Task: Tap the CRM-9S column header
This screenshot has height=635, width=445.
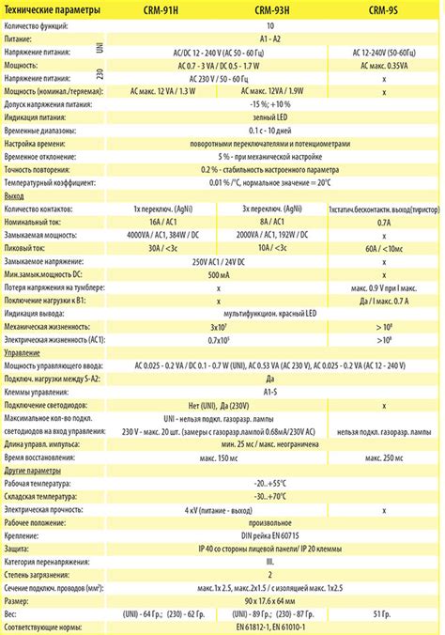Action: coord(383,10)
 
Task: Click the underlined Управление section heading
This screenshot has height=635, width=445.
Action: coord(23,349)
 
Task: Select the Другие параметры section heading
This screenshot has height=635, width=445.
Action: coord(33,467)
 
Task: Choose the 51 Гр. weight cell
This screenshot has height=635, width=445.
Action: coord(383,612)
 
